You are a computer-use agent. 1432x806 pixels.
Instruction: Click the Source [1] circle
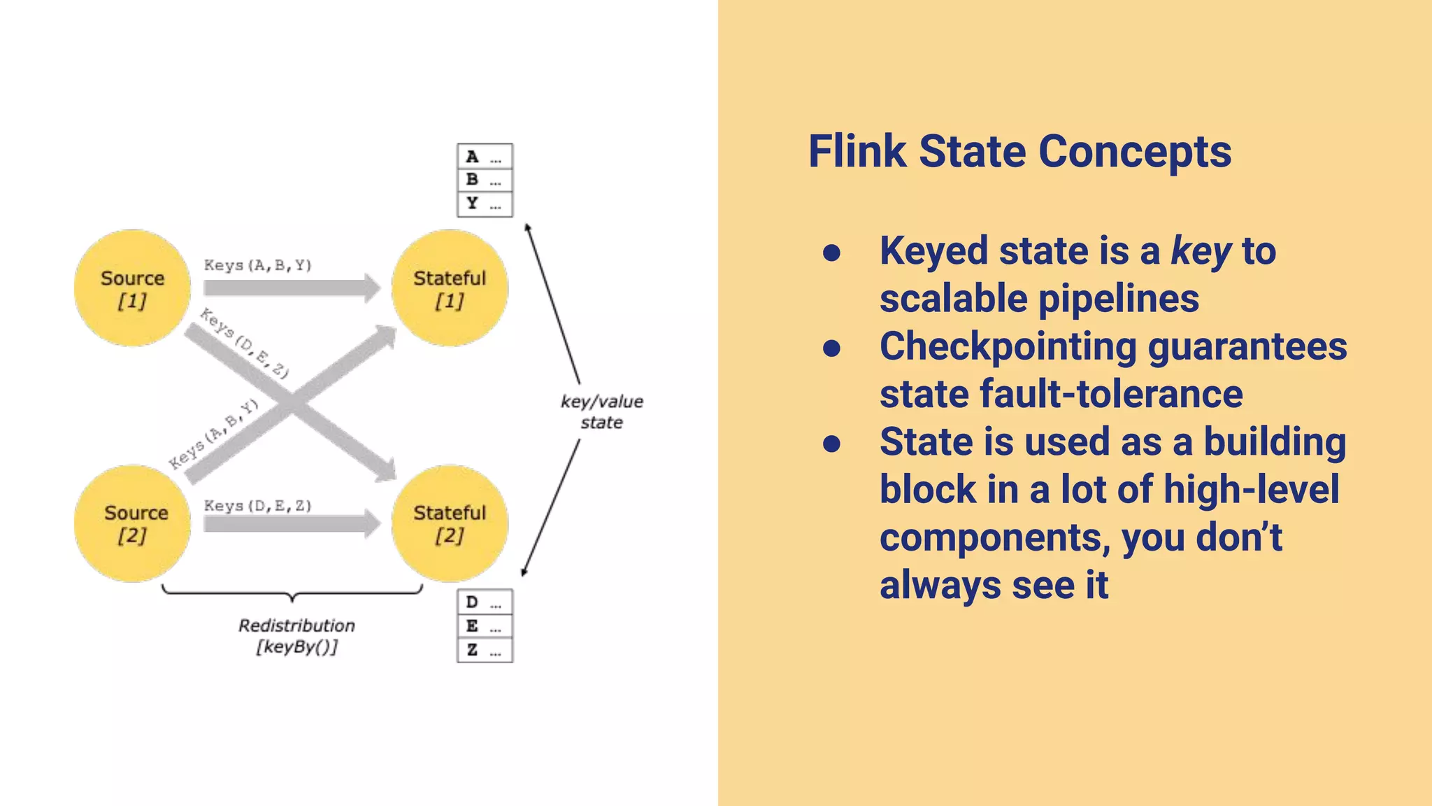coord(132,288)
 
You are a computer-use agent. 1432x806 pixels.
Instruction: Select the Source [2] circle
coord(132,523)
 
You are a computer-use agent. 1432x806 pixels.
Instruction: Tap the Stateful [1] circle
coord(450,288)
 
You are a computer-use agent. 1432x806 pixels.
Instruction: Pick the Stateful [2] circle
coord(450,523)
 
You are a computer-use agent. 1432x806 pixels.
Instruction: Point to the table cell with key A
coord(485,157)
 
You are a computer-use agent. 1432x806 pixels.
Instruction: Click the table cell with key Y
coord(485,204)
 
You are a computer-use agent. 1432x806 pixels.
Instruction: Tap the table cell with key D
coord(485,602)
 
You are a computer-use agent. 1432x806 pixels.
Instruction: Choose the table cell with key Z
coord(485,650)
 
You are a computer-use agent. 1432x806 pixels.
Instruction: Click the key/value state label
coord(601,411)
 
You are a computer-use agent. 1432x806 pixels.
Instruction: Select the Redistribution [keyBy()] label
coord(296,635)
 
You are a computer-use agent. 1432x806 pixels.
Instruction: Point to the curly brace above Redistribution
coord(292,594)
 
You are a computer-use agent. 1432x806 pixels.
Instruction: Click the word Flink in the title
coord(857,152)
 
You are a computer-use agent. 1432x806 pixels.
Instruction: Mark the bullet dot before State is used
coord(831,444)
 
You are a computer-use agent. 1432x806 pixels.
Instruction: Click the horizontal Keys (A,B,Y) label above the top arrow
coord(257,265)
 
